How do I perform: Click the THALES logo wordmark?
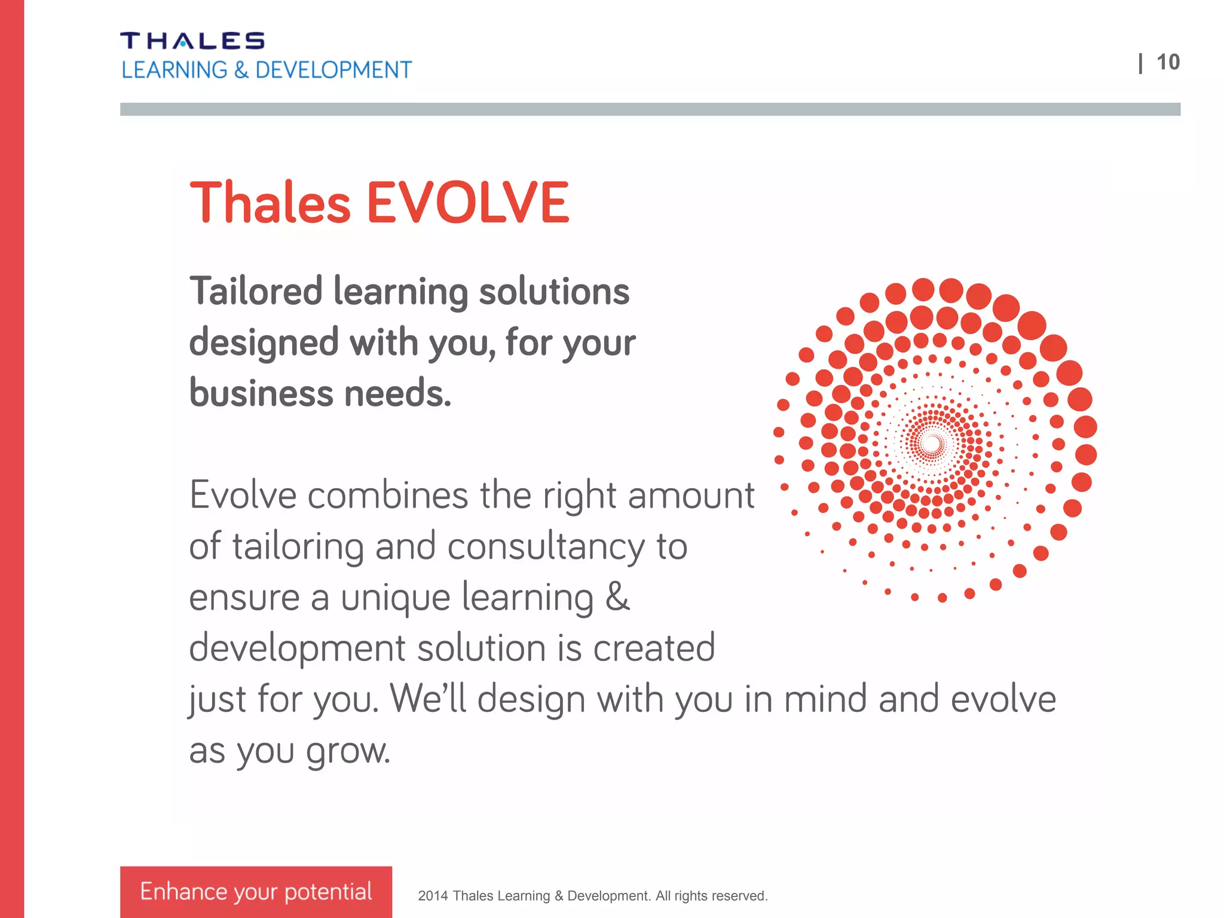(192, 41)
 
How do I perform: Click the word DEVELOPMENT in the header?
(333, 71)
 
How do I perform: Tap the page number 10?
(1168, 63)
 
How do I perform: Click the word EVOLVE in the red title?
(467, 203)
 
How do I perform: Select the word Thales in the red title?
(270, 203)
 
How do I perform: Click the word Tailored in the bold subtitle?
(256, 292)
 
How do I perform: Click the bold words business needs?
(320, 394)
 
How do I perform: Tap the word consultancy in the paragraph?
(546, 546)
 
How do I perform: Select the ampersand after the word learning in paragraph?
(618, 597)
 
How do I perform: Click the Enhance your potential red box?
(256, 891)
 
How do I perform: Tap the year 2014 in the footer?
(433, 896)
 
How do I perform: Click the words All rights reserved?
(711, 896)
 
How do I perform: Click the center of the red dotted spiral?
(931, 443)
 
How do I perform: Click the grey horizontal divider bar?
(650, 109)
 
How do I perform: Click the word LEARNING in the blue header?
(174, 71)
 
